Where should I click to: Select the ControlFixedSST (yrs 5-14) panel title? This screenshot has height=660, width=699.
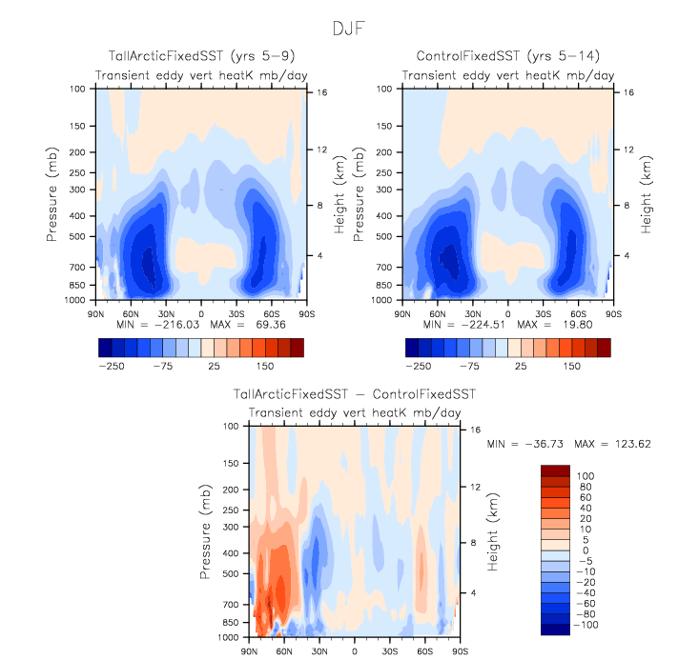click(506, 58)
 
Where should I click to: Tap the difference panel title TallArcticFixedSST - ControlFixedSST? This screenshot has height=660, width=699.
click(355, 393)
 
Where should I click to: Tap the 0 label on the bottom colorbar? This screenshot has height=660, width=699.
click(586, 550)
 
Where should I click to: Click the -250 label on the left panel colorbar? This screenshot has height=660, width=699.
click(113, 365)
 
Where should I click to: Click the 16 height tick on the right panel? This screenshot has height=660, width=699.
click(626, 92)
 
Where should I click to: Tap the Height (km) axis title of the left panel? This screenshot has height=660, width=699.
click(339, 193)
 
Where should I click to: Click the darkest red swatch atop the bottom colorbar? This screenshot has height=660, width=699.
click(555, 470)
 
